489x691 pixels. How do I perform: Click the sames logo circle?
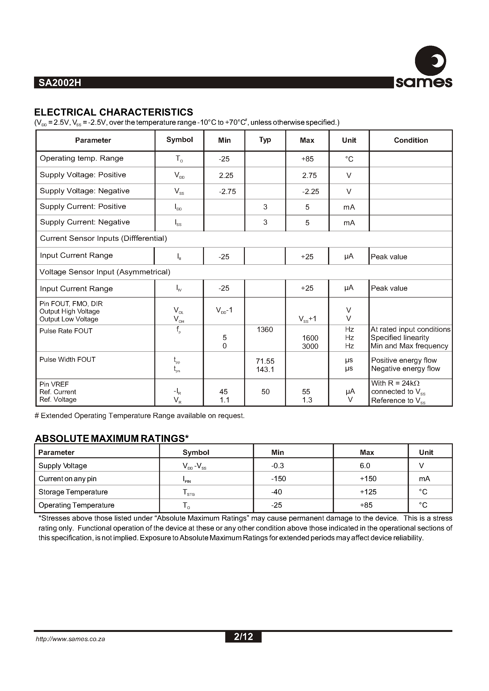430,61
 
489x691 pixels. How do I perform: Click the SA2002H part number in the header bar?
60,83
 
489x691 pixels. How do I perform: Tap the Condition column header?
411,140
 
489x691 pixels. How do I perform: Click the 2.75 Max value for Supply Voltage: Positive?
309,176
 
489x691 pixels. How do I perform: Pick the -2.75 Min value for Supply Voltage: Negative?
227,191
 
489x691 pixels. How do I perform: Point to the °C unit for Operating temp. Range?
349,159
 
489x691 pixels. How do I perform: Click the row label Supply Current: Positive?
83,207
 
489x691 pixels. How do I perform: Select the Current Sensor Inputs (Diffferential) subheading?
103,238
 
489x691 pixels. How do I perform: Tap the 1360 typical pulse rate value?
265,330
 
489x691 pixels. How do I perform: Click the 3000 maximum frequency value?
310,346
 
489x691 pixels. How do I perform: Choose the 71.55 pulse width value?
265,361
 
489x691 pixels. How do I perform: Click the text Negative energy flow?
405,369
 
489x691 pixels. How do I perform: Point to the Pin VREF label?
54,384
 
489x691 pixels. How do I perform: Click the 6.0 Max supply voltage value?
365,466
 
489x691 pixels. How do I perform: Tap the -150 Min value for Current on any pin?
278,479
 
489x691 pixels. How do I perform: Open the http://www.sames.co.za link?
70,639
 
